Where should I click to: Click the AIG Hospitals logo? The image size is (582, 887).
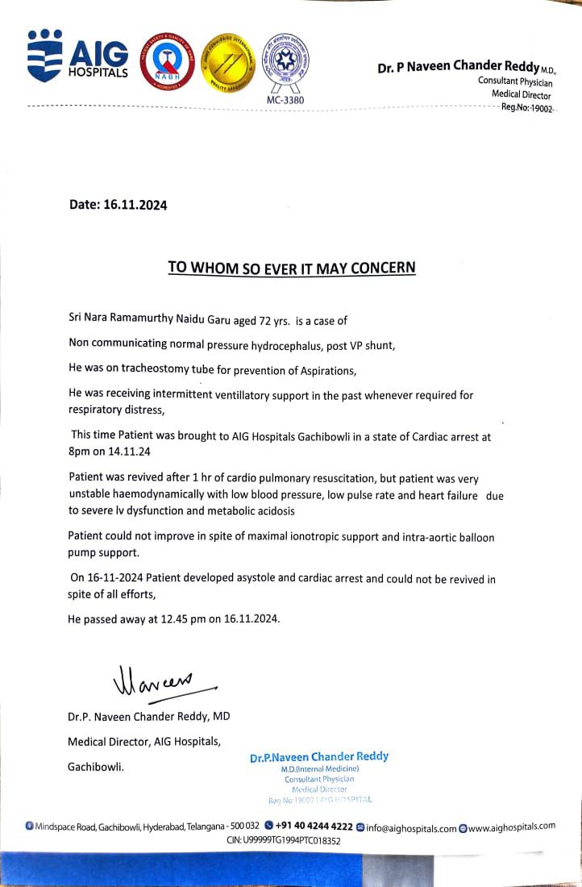77,57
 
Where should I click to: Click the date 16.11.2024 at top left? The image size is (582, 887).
135,205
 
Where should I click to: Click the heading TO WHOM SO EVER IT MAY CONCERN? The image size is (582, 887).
291,267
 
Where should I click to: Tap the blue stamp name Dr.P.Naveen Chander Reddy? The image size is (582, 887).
319,756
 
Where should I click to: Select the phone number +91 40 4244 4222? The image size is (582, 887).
314,827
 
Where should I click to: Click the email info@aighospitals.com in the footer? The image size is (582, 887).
411,827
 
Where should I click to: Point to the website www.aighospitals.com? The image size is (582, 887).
512,827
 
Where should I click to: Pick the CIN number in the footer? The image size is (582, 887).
284,840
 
